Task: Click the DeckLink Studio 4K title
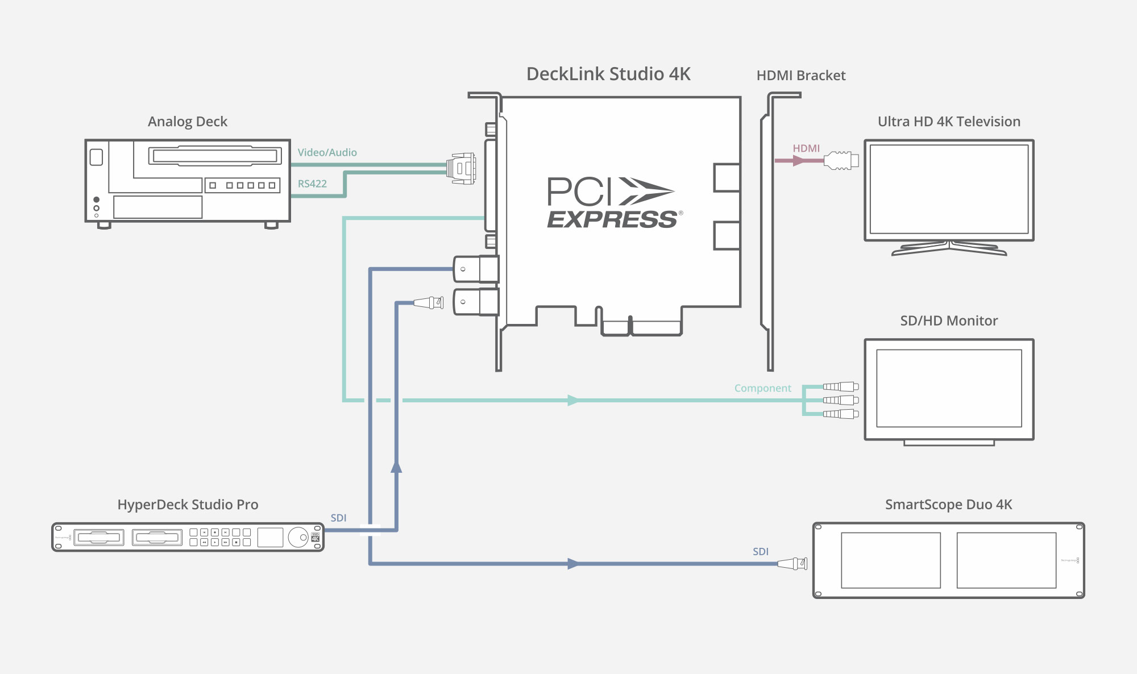click(x=608, y=74)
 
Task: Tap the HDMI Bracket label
click(x=800, y=76)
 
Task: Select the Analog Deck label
click(x=187, y=122)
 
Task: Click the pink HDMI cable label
click(x=806, y=148)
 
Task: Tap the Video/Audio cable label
click(x=327, y=152)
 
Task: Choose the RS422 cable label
click(x=312, y=184)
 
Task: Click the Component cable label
click(x=762, y=388)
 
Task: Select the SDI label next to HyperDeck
click(x=338, y=518)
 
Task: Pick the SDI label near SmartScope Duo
click(x=760, y=551)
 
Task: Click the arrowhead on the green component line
click(x=573, y=401)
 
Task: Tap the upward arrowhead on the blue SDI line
click(x=396, y=467)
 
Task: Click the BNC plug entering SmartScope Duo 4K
click(x=792, y=564)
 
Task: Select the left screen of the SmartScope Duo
click(x=890, y=560)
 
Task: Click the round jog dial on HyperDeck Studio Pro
click(x=297, y=537)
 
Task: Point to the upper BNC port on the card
click(x=475, y=269)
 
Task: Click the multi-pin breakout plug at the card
click(x=461, y=168)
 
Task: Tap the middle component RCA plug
click(x=841, y=400)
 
